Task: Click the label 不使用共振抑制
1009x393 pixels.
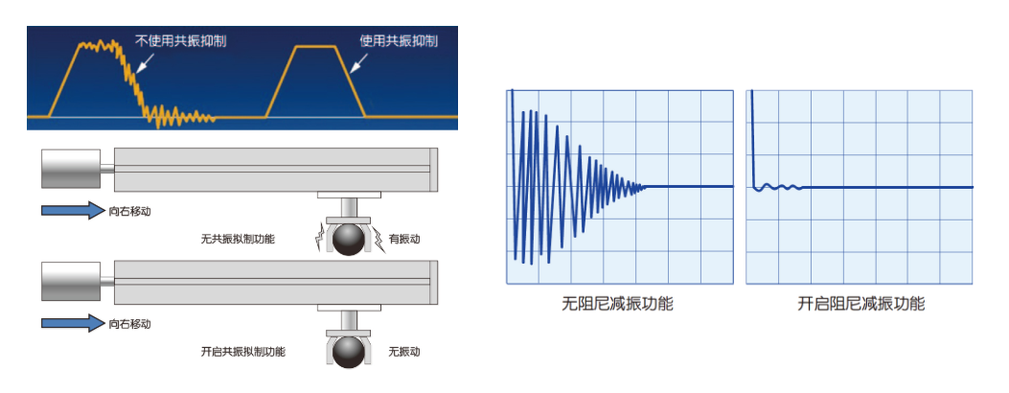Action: pos(181,41)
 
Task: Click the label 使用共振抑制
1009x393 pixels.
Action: pos(399,41)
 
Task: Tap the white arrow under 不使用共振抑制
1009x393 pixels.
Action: pos(146,61)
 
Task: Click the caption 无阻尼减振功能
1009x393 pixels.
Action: pos(618,304)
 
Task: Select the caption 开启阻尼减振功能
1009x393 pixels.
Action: pos(861,304)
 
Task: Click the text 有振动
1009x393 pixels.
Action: pos(404,240)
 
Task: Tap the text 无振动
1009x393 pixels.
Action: pos(404,352)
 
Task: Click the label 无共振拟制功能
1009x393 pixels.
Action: pos(238,240)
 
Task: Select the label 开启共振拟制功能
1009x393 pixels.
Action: pos(243,352)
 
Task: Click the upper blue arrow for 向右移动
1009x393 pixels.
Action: pos(73,210)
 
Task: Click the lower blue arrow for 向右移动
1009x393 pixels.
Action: pos(73,323)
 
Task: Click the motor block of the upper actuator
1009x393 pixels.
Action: pos(71,169)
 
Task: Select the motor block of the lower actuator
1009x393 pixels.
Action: pos(71,281)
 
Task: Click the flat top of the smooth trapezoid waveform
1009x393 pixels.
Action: pos(315,47)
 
